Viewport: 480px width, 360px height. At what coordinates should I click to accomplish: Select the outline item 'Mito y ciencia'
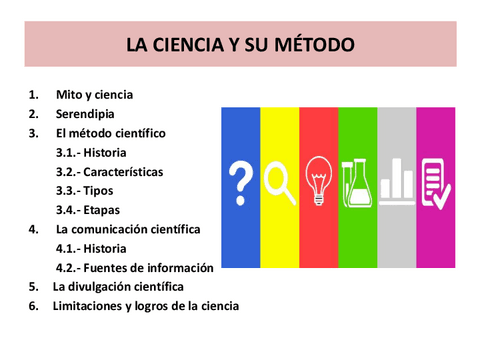95,95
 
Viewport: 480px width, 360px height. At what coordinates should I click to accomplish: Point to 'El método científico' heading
111,133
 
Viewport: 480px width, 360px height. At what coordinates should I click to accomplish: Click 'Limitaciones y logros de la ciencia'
146,306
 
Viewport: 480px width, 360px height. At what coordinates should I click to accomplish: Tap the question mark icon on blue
240,181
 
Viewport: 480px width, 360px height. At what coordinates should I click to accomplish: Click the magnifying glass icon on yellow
279,181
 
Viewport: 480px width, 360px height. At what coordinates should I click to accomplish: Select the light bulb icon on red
318,179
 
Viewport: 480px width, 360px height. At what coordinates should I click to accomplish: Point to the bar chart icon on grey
397,180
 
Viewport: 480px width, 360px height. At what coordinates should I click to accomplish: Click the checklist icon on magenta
436,181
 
